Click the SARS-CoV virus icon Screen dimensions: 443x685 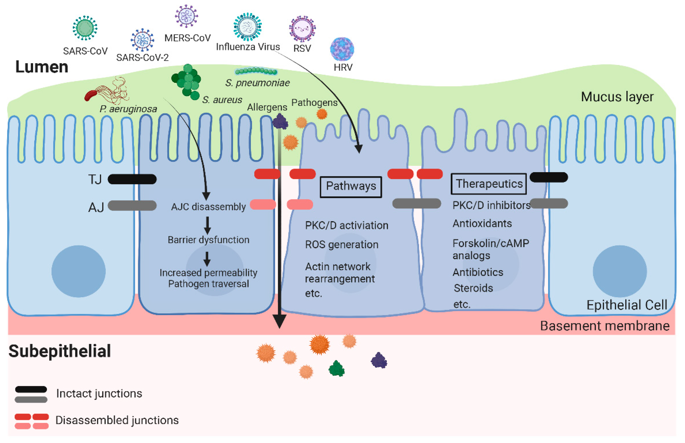(x=85, y=28)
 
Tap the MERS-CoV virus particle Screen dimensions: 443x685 (x=186, y=16)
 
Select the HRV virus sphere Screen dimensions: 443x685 (x=342, y=49)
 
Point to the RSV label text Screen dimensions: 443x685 (x=302, y=48)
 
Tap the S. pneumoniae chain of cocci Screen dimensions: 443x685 (x=256, y=71)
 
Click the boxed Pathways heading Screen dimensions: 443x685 (x=351, y=186)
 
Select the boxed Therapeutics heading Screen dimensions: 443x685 (x=489, y=183)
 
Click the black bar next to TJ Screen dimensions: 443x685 (x=132, y=179)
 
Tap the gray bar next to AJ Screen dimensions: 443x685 (x=132, y=205)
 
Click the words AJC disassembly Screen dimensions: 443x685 (x=208, y=207)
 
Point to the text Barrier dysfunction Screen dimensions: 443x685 (x=208, y=240)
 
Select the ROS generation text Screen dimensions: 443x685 (x=341, y=244)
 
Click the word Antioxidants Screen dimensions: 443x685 (x=482, y=224)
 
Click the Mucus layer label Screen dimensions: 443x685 (x=617, y=97)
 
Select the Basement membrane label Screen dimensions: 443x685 (x=604, y=326)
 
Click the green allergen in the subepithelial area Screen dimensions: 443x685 (x=336, y=368)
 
